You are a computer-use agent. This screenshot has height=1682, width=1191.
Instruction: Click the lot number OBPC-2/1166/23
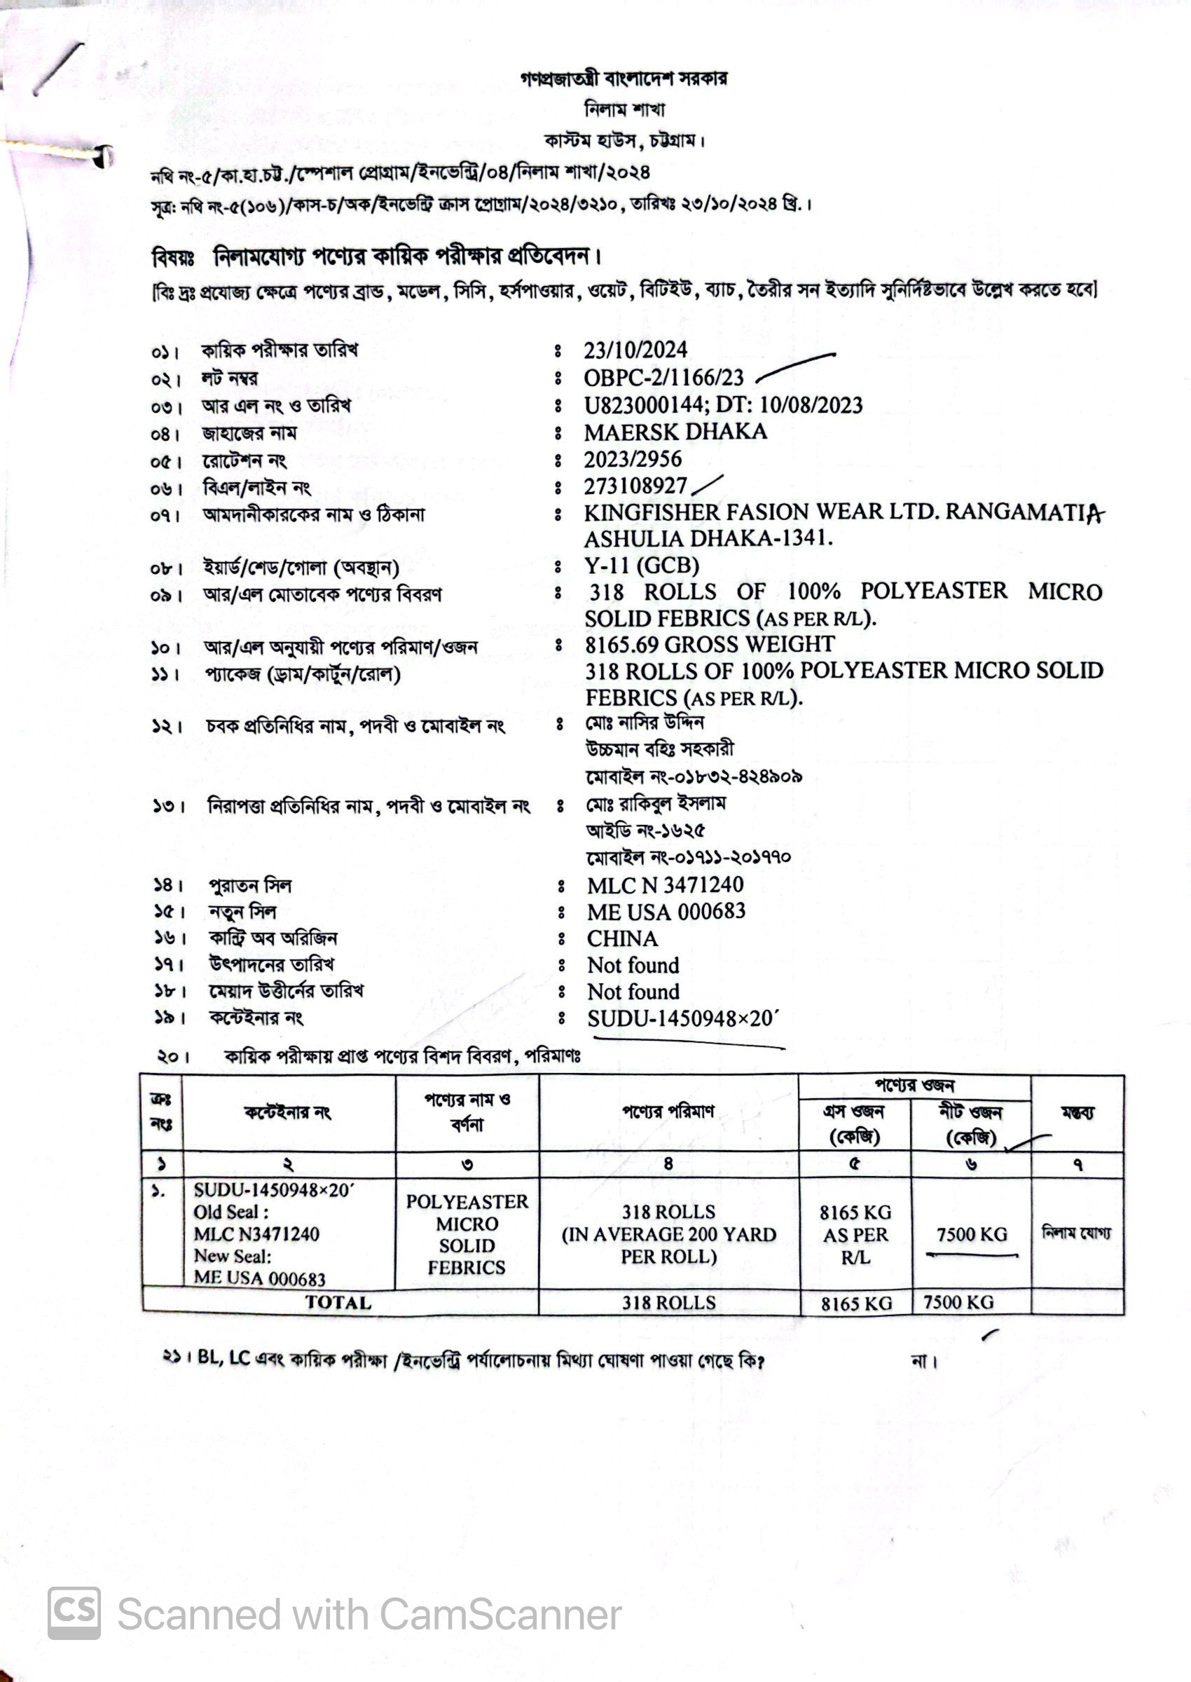coord(663,378)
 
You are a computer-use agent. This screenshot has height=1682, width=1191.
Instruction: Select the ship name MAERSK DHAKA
coord(675,432)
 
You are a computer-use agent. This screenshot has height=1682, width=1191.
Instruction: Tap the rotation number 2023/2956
coord(632,459)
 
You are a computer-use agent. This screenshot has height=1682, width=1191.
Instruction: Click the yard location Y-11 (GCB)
coord(641,566)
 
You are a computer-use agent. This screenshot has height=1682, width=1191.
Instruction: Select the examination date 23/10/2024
coord(635,350)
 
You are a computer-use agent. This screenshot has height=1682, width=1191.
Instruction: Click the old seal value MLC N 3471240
coord(664,885)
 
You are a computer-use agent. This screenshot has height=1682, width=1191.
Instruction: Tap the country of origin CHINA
coord(622,939)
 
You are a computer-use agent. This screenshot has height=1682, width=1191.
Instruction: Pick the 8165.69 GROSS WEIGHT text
coord(709,645)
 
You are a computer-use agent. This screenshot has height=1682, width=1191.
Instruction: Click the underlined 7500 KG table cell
coord(971,1236)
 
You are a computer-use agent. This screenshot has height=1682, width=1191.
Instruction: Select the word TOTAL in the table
coord(338,1303)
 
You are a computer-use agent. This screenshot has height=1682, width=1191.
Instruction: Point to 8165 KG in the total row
coord(856,1304)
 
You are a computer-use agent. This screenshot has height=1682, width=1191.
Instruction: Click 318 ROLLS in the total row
coord(668,1303)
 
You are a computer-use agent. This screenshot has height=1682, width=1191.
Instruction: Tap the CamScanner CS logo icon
coord(74,1613)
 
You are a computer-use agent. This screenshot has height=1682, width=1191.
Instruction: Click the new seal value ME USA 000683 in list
coord(665,912)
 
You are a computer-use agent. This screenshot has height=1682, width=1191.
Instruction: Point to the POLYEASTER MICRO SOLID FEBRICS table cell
coord(467,1235)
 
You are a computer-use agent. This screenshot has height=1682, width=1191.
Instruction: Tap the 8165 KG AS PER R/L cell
coord(855,1235)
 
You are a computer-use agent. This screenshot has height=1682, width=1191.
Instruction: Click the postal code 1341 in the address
coord(806,539)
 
